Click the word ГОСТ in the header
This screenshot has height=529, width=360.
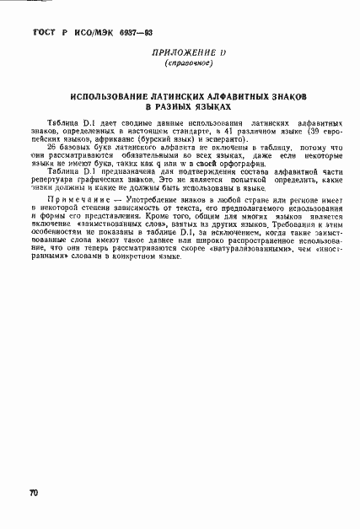pos(43,31)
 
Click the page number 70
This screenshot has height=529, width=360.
pos(35,491)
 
